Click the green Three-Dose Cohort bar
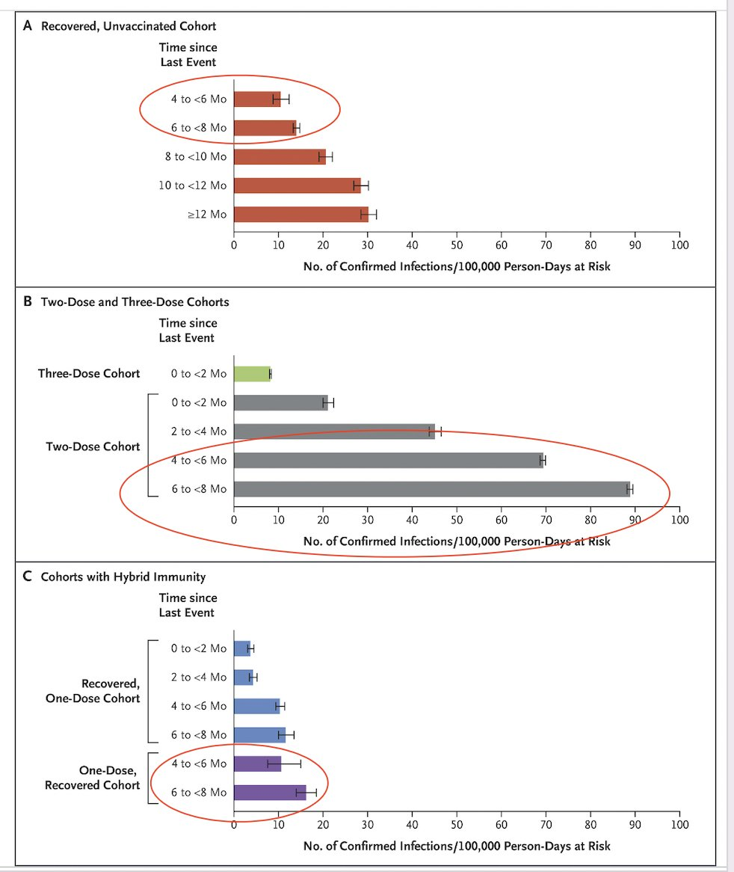(252, 374)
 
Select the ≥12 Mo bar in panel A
(301, 214)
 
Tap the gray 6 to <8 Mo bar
(432, 489)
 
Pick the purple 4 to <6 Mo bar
(257, 764)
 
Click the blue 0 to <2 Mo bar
(242, 648)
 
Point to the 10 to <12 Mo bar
(297, 185)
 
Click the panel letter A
(27, 25)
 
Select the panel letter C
(27, 576)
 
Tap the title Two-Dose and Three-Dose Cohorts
(135, 301)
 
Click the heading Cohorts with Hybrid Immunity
(123, 577)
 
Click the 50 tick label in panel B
(457, 520)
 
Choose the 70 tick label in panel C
(546, 824)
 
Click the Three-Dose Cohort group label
(89, 374)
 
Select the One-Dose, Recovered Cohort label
(92, 778)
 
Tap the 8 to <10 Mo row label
(196, 156)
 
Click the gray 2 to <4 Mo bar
(335, 432)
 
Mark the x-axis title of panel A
(457, 266)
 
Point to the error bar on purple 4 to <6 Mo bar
(285, 764)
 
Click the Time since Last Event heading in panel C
(188, 605)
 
